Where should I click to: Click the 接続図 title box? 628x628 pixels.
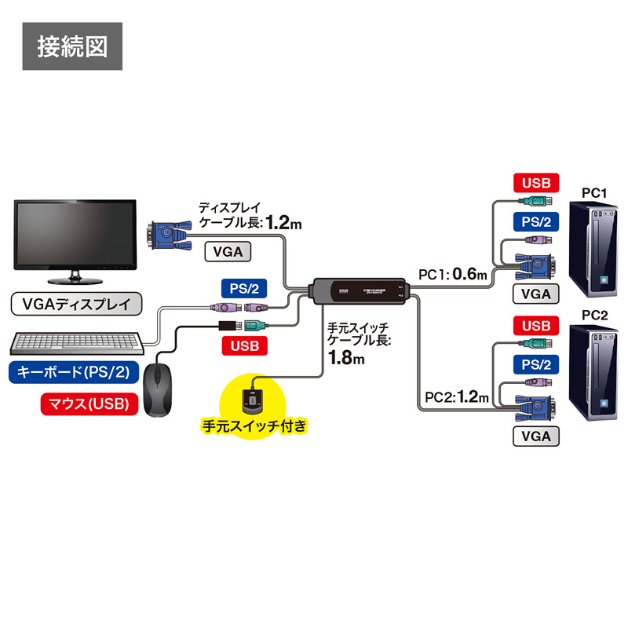72,47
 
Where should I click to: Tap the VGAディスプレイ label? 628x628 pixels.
76,303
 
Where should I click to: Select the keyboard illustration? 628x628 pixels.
78,343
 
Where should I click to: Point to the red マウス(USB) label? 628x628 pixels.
89,404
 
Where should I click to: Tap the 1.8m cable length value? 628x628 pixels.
346,360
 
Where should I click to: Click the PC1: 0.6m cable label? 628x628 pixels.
453,274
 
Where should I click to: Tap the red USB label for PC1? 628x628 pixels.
536,184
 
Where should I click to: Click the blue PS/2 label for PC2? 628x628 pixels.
536,364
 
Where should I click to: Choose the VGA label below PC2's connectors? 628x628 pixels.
536,436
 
